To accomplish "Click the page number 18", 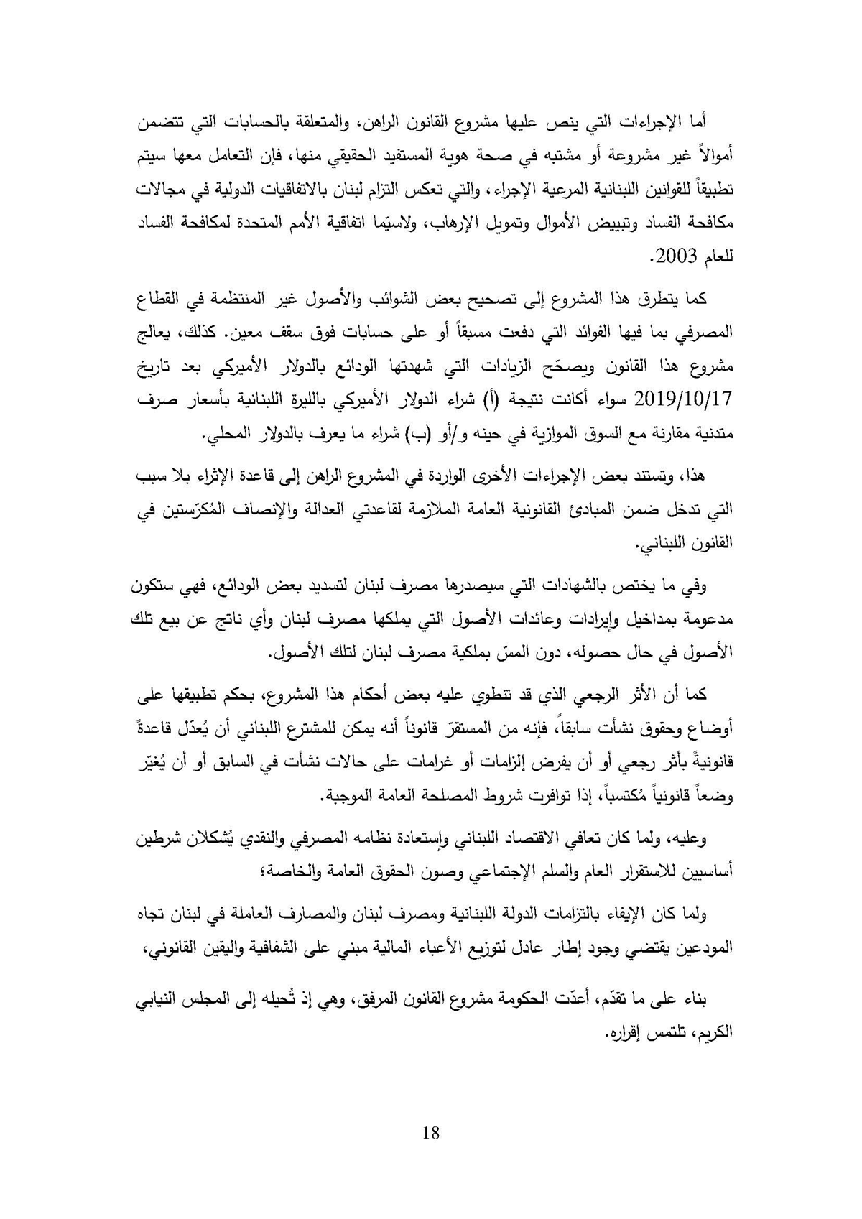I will tap(431, 1133).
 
